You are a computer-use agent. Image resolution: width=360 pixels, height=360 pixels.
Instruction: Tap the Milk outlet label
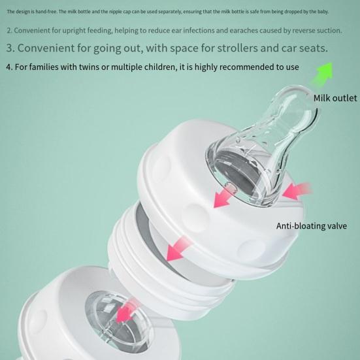pos(335,98)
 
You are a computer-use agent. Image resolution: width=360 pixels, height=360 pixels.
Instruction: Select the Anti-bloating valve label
pos(311,227)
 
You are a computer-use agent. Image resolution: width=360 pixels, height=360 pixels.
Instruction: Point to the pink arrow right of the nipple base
pos(297,191)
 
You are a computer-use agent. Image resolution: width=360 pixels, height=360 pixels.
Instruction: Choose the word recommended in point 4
pos(238,67)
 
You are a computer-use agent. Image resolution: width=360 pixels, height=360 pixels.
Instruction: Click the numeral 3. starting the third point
pos(10,48)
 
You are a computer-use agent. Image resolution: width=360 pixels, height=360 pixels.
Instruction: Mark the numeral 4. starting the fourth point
pos(8,67)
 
